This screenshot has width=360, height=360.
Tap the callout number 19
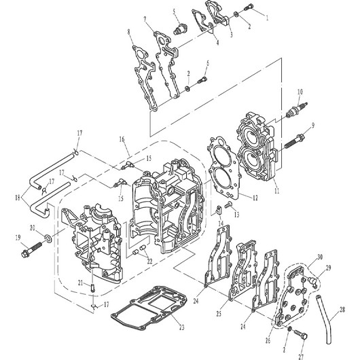click(x=18, y=238)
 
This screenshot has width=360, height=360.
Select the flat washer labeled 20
click(x=48, y=238)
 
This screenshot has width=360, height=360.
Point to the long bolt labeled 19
click(x=31, y=250)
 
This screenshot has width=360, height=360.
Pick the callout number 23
click(x=181, y=327)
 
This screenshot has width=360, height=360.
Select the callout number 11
click(x=276, y=191)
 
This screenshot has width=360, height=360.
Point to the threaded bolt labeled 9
click(x=294, y=141)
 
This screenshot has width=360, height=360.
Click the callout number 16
click(x=122, y=139)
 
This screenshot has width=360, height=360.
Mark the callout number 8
click(x=129, y=32)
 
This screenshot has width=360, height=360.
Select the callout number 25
click(x=219, y=313)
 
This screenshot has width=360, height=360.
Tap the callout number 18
click(x=18, y=198)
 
